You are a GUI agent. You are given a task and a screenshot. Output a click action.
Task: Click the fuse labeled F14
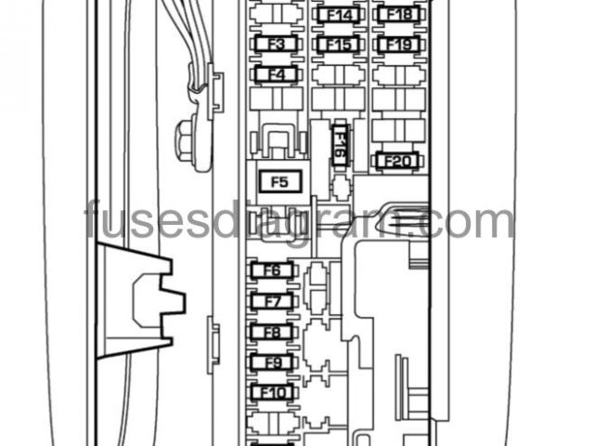tap(339, 15)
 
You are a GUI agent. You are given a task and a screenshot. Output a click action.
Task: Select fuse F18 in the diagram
tap(399, 14)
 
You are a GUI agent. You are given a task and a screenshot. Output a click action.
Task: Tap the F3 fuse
tap(275, 45)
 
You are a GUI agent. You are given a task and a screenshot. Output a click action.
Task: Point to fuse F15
tap(339, 45)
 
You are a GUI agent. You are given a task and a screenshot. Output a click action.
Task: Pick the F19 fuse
tap(399, 45)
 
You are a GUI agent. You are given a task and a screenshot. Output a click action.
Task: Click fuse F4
tap(275, 74)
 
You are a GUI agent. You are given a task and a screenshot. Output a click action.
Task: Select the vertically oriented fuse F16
tap(340, 145)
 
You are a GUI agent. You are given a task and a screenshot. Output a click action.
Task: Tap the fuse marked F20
tap(397, 162)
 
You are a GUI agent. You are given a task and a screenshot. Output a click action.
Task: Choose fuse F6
tap(272, 270)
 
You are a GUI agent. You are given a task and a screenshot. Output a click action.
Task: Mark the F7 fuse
tap(272, 301)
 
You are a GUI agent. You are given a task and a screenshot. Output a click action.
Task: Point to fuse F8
tap(272, 332)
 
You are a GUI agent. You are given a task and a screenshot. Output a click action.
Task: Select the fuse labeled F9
tap(272, 362)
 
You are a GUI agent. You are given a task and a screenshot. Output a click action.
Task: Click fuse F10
tap(272, 393)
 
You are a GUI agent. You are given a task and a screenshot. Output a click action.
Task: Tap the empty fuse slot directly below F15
tap(339, 73)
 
